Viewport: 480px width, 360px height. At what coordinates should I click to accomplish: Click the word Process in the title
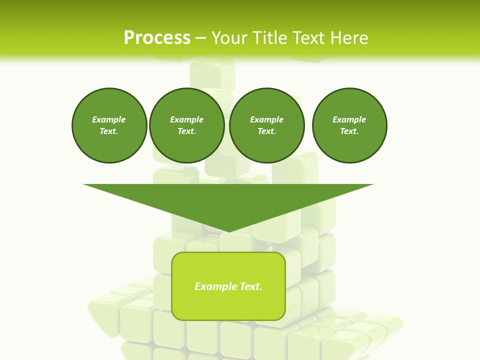coord(157,38)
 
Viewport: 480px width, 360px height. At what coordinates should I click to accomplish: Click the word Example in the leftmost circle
coord(109,119)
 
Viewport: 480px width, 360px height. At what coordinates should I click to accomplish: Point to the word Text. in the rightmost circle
coord(349,131)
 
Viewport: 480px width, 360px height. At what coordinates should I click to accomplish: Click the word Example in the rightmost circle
coord(349,119)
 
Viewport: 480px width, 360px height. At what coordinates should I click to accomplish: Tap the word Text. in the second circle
coord(186,131)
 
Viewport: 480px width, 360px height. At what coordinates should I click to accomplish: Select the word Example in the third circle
coord(266,119)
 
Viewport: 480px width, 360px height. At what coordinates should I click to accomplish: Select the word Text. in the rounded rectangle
coord(250,286)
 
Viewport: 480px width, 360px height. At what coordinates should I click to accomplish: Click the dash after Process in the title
coord(200,38)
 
